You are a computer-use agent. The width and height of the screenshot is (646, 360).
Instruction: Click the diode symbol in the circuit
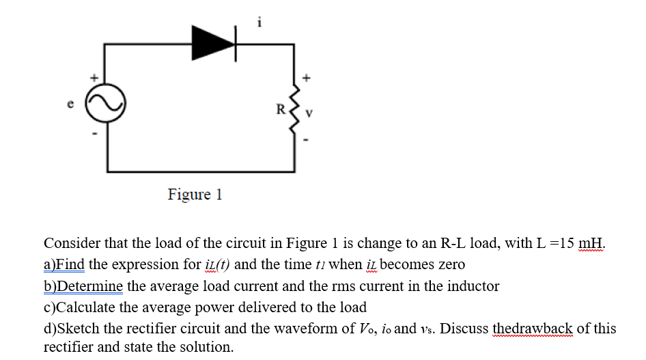tap(214, 42)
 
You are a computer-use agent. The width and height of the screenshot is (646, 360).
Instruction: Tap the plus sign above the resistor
tap(307, 77)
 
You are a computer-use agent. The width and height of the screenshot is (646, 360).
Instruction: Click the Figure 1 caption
tap(195, 195)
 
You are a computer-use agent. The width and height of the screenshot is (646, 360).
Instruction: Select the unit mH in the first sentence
tap(591, 244)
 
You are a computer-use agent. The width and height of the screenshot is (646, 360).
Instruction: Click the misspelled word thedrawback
tap(532, 329)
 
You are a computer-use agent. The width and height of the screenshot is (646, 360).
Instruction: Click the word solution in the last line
tap(204, 347)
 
